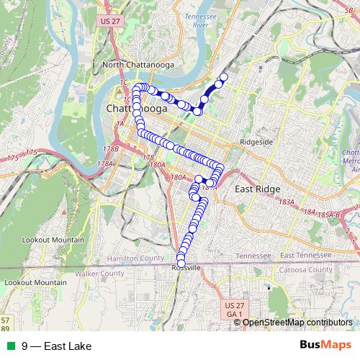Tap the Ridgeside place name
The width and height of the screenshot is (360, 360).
(x=256, y=142)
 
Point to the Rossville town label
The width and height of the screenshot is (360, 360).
(x=186, y=267)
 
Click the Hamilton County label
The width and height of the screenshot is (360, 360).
(x=135, y=258)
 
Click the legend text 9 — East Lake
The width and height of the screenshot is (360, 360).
(x=56, y=346)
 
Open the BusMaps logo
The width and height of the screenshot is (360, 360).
(x=325, y=346)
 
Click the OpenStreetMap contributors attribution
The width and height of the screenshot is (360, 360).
(x=297, y=323)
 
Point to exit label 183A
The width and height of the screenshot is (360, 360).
(x=287, y=202)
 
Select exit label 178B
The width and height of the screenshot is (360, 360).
(x=111, y=149)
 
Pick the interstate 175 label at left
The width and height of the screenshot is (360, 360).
(x=31, y=152)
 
